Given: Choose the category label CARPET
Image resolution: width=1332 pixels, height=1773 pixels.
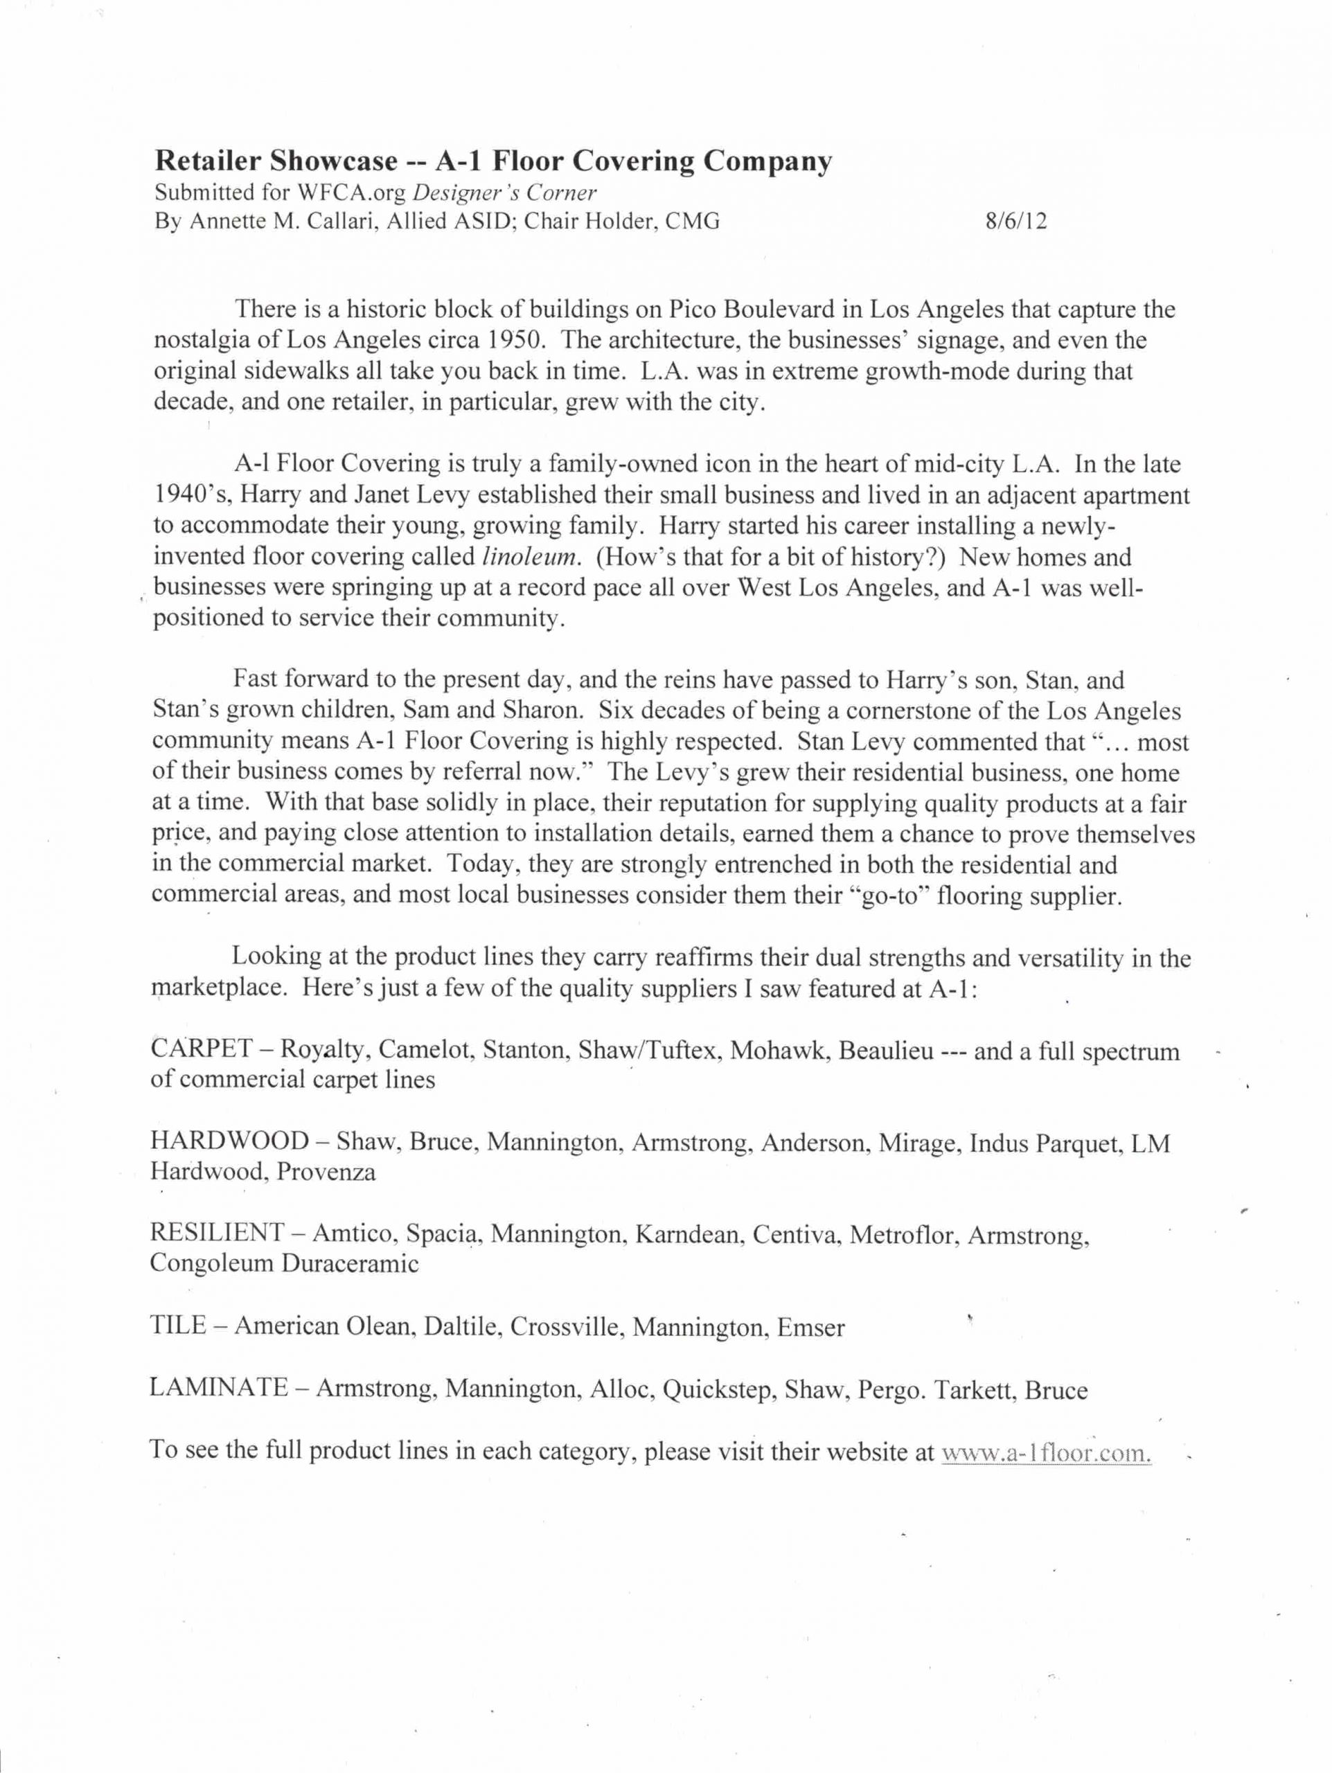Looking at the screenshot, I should point(200,1049).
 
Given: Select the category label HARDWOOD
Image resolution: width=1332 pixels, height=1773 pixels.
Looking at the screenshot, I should point(229,1141).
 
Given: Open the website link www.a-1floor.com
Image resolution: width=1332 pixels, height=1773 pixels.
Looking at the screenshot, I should point(1046,1452).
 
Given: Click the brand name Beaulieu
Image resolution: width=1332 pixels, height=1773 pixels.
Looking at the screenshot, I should point(886,1050).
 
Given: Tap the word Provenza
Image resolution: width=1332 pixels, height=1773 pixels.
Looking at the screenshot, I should point(326,1172).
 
